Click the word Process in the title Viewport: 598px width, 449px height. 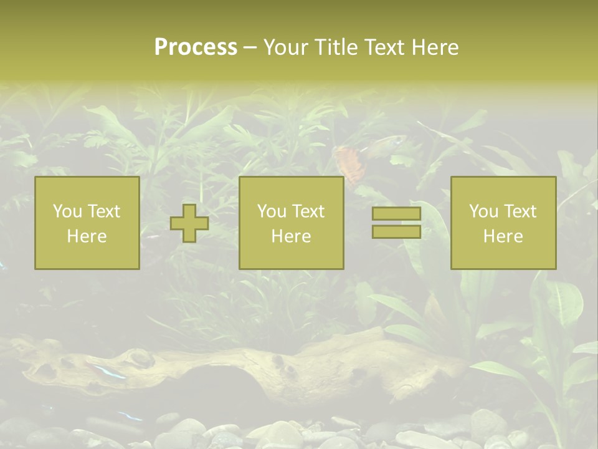196,47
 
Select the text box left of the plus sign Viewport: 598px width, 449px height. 87,223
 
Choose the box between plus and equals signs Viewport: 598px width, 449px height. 291,223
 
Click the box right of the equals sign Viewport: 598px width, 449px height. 503,223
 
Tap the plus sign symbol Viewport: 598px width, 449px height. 189,223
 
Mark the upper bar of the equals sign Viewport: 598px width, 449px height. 396,214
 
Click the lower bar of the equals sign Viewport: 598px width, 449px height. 396,231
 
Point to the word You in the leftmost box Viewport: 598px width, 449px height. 67,211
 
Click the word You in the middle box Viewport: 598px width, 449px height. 271,211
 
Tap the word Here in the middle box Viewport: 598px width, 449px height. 291,236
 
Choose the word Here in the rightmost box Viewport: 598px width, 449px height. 503,236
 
